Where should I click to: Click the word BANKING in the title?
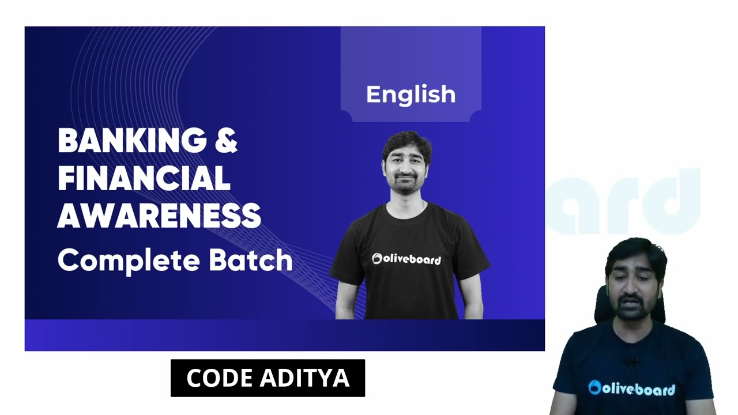point(133,140)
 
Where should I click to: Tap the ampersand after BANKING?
point(227,140)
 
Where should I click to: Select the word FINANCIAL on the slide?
point(144,178)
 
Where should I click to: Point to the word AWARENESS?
point(159,216)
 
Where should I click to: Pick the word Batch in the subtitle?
point(251,260)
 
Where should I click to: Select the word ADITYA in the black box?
point(305,378)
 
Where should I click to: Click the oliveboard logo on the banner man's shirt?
point(406,259)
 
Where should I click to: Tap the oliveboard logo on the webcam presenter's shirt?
point(631,389)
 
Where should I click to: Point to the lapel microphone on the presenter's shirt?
point(632,361)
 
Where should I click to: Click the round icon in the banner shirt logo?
point(377,259)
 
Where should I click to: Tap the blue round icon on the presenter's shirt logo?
point(594,387)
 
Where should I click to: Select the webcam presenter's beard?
point(631,306)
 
